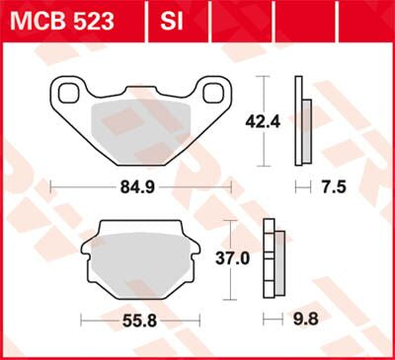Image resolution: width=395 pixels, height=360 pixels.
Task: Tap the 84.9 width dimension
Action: pos(137,185)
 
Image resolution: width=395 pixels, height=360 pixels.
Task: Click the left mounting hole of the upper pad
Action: pos(70,94)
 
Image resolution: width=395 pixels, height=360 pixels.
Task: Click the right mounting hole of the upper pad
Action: pos(210,94)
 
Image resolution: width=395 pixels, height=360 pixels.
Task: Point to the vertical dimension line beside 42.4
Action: pos(262,121)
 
